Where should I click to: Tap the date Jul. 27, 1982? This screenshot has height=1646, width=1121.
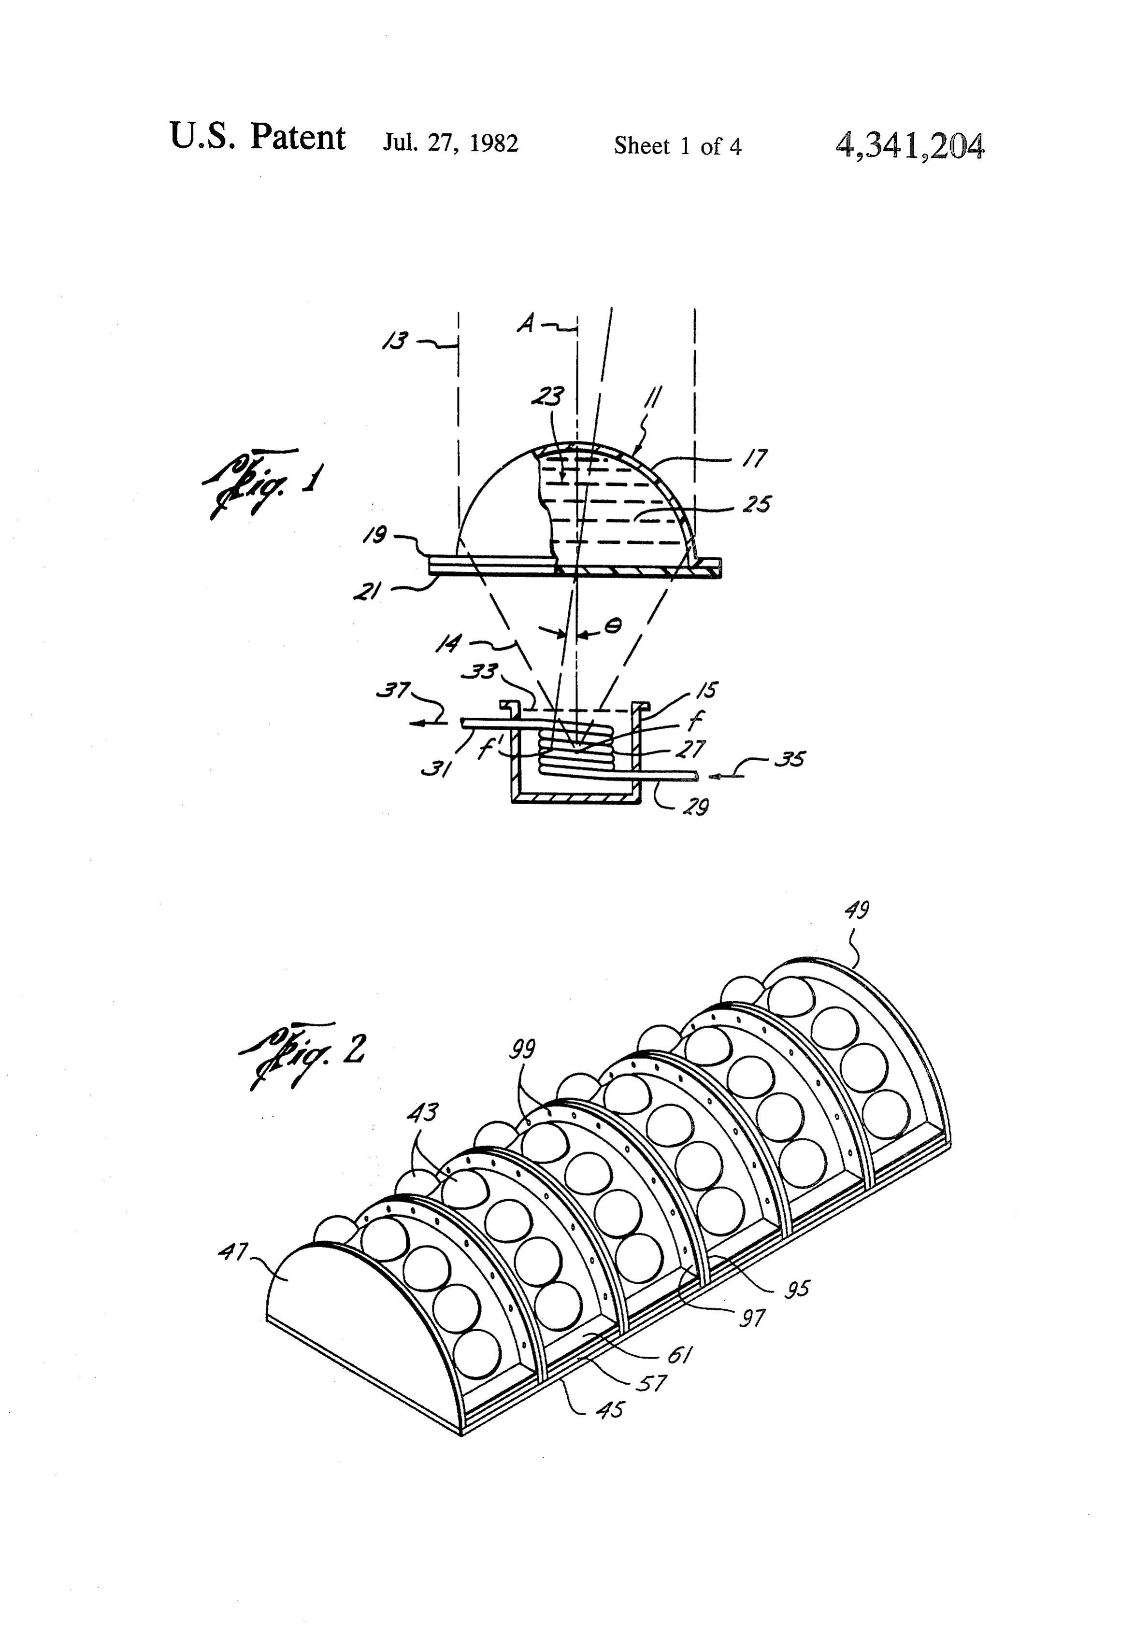451,143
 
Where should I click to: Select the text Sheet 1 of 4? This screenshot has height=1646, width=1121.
677,146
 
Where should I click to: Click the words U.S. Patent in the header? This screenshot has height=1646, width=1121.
257,137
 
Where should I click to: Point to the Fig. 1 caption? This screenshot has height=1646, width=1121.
261,482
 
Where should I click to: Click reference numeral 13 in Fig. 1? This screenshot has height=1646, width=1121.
395,341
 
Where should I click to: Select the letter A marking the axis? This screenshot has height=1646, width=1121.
526,324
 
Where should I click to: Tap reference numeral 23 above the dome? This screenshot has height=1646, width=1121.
548,395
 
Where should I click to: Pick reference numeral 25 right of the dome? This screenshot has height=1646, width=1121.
757,504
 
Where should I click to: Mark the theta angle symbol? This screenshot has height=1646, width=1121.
614,625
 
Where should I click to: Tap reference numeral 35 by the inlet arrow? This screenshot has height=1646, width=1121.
790,759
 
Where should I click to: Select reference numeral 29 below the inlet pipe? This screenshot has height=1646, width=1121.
695,806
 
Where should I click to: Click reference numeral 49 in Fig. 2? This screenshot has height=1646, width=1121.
857,909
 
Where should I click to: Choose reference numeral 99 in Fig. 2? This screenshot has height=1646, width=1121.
523,1048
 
